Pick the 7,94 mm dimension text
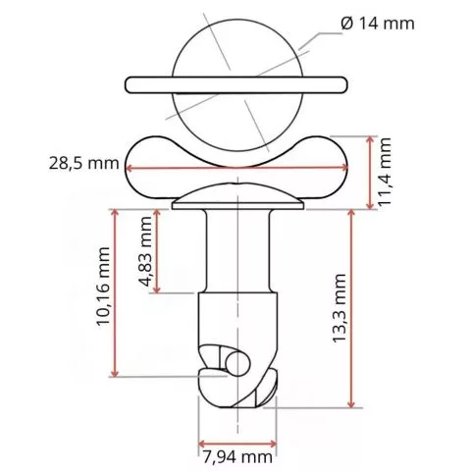coord(237,455)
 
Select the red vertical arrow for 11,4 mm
coord(366,171)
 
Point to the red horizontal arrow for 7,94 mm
coord(237,439)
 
